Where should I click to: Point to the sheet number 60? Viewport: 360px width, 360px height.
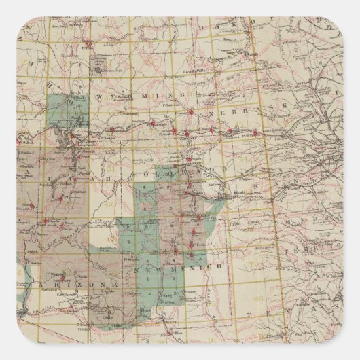[107, 202]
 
